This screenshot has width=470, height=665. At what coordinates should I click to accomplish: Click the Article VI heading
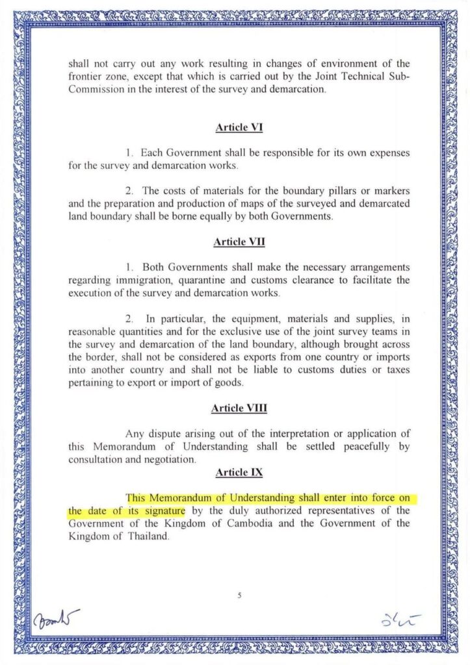(x=239, y=127)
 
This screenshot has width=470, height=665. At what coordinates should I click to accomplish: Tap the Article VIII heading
(x=239, y=408)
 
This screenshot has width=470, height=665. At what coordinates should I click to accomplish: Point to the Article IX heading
(x=239, y=472)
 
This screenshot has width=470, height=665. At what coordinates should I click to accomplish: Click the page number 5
(x=239, y=596)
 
